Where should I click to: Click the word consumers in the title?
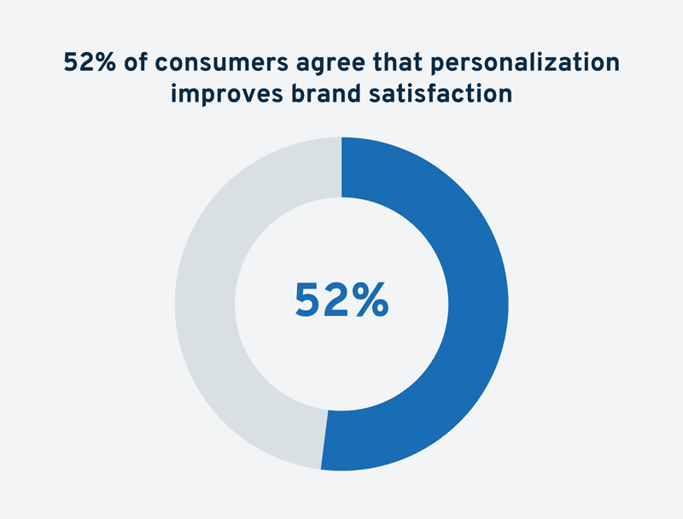221,62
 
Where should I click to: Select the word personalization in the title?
525,63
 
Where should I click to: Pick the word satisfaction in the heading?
441,93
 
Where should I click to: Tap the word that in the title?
397,61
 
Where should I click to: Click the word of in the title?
136,61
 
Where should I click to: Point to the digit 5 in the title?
71,62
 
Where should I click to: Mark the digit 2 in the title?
87,62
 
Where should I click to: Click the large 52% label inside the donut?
341,300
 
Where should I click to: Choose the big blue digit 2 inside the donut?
336,300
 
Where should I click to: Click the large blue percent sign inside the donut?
371,300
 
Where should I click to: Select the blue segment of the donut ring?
478,304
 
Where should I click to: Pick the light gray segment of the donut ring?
205,304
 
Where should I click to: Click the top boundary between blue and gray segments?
341,167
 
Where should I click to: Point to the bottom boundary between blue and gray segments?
324,440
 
